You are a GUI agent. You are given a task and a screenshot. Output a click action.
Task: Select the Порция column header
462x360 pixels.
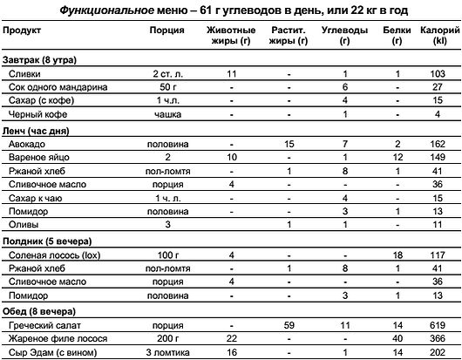coord(166,31)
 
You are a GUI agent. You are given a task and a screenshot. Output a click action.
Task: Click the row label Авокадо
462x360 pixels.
coord(24,142)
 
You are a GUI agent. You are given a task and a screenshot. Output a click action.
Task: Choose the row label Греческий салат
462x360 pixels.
coord(40,324)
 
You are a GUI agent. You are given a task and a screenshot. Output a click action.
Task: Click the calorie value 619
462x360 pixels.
coord(438,324)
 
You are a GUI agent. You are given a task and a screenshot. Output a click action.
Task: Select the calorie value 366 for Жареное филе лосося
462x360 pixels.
coord(438,338)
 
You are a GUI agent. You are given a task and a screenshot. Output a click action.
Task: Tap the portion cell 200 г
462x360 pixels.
coord(167,338)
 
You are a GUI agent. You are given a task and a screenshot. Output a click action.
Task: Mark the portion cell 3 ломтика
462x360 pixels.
coord(167,352)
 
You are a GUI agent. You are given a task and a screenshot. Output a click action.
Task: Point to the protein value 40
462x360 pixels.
coord(397,338)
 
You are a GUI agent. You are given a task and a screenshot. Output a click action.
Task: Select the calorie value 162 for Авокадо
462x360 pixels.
coord(438,142)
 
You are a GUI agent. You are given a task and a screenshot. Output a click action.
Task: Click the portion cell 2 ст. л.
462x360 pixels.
coord(167,73)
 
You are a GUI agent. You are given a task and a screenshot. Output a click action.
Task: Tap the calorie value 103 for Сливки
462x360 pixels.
coord(438,73)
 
